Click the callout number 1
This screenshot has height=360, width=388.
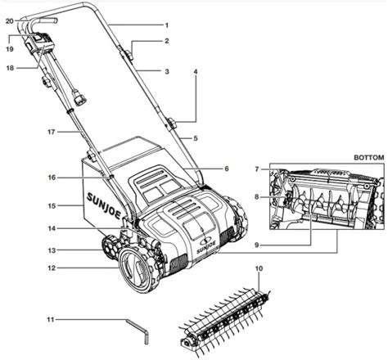[x=167, y=25]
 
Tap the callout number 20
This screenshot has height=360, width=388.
[x=10, y=21]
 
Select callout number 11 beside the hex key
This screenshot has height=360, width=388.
[x=51, y=319]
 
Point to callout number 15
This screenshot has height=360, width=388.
[x=52, y=206]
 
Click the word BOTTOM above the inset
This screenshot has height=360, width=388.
[x=369, y=158]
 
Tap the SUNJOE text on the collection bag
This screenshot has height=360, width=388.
[x=104, y=206]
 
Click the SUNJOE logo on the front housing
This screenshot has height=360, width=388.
[x=206, y=246]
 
